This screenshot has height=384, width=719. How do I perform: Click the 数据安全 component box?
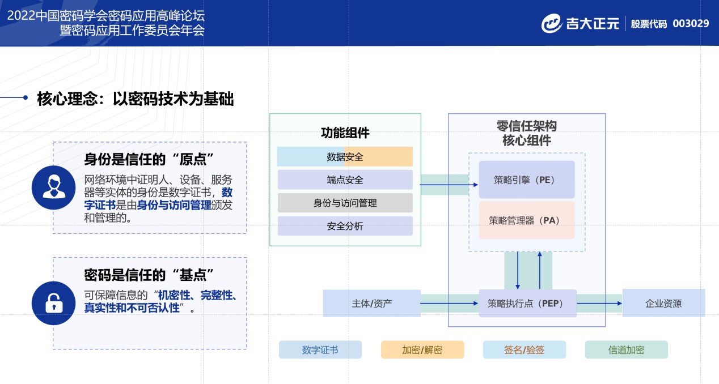[x=345, y=157]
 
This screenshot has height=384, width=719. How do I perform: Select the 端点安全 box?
[x=345, y=180]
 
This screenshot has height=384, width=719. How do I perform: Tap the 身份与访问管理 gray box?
[x=345, y=203]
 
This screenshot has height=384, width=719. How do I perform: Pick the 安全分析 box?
[x=345, y=226]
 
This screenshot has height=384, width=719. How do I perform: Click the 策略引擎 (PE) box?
[x=527, y=180]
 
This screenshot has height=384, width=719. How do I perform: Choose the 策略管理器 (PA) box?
[x=527, y=220]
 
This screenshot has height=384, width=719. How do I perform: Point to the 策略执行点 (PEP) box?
[x=527, y=303]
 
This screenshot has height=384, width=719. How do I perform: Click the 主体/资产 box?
[x=371, y=303]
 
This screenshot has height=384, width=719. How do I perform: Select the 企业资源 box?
[x=663, y=303]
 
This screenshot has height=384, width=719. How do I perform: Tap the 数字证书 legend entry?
[x=320, y=349]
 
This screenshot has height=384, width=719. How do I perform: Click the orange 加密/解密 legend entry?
[x=422, y=349]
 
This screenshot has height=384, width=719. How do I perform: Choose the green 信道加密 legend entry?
[x=626, y=349]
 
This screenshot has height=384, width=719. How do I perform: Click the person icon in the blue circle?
[x=54, y=187]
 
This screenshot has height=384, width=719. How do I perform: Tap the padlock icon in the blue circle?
[x=54, y=303]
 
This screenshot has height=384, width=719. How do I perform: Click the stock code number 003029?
[x=691, y=24]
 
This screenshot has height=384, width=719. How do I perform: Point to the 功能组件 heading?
[x=345, y=133]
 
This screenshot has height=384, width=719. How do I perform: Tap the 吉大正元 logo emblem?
[x=551, y=24]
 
